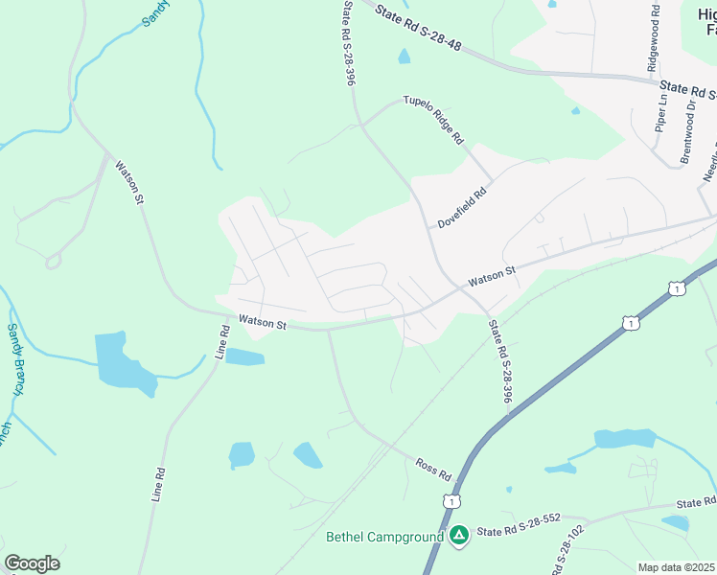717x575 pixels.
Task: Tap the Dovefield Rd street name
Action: click(463, 207)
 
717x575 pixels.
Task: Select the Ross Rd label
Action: click(433, 469)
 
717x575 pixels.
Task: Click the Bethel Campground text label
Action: click(385, 537)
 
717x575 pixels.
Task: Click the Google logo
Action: click(32, 563)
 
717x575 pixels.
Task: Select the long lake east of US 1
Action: click(624, 439)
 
